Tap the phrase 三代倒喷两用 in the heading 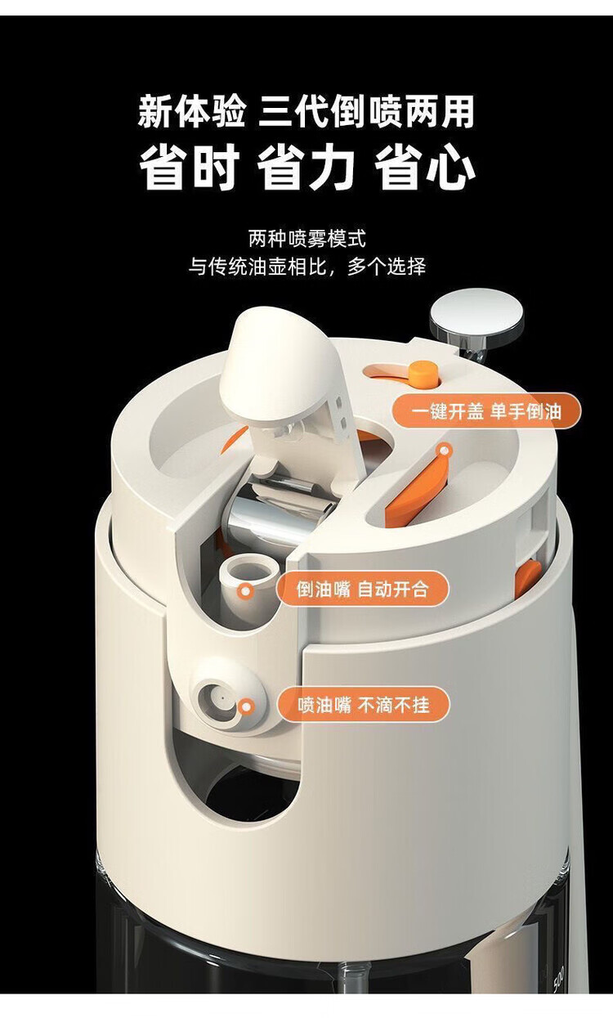point(366,112)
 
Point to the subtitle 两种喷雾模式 point(306,239)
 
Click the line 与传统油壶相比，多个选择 point(306,267)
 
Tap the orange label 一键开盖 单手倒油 point(486,411)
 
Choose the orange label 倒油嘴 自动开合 point(362,589)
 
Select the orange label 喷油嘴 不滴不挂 point(363,704)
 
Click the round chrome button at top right point(477,316)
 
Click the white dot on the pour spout point(244,589)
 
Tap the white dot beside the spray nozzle point(245,703)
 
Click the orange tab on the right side point(526,576)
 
